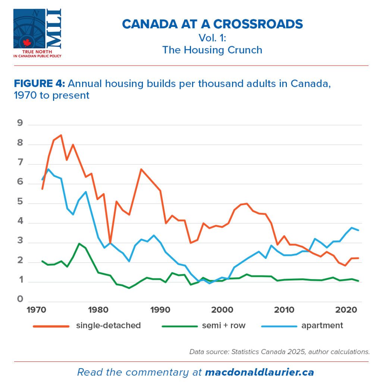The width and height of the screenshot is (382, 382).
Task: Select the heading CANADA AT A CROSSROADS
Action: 212,24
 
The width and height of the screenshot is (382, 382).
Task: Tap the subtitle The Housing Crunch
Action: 212,50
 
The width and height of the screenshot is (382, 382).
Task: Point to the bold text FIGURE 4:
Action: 39,83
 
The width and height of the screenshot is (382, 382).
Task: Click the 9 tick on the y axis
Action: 20,123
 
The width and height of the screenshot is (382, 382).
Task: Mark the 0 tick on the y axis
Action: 20,299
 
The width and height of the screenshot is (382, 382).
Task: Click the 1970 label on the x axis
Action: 37,310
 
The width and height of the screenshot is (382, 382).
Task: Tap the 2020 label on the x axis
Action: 345,310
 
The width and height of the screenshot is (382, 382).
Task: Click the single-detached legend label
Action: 108,325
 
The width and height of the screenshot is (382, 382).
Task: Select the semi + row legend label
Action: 223,325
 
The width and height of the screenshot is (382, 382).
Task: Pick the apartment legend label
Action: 322,325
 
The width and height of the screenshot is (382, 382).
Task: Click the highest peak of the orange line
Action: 61,135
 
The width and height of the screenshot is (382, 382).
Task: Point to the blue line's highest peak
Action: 48,169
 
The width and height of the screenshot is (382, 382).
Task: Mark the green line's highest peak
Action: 79,244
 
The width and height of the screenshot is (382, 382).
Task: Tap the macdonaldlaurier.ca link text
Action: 259,372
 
